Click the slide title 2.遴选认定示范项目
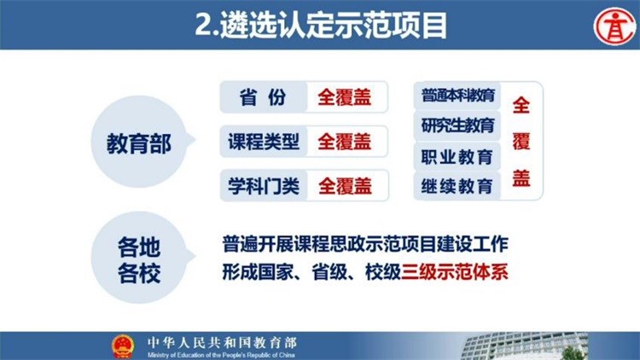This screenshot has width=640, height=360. tap(321, 26)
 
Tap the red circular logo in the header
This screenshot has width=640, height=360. tap(614, 26)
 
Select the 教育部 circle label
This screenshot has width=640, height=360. tap(139, 143)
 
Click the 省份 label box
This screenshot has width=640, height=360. tap(264, 97)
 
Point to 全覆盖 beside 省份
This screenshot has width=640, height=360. tap(345, 97)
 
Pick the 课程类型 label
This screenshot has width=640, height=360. tap(264, 142)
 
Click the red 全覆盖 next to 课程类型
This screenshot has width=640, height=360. tap(345, 142)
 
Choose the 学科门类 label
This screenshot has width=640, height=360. tap(264, 186)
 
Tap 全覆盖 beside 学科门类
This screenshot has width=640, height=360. tap(345, 187)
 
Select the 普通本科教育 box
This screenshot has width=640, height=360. tap(457, 96)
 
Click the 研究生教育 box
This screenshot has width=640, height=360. tap(457, 125)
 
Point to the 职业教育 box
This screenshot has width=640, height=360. tap(457, 157)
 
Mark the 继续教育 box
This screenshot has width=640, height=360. tap(457, 186)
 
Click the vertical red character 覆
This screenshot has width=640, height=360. tap(521, 142)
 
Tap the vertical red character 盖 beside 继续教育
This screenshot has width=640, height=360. tap(521, 178)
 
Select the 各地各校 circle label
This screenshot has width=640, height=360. tap(139, 259)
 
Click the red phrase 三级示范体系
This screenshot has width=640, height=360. tap(455, 272)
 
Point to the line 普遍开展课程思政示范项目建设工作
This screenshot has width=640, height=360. tap(365, 244)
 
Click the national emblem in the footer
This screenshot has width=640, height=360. tap(123, 346)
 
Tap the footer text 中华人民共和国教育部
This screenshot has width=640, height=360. tap(222, 342)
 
